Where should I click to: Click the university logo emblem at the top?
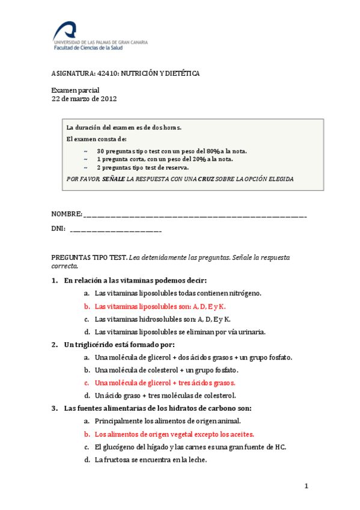(65, 29)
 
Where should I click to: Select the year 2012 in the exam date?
(109, 99)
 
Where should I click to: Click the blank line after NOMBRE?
(195, 215)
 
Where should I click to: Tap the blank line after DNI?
(115, 229)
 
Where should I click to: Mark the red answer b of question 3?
(174, 434)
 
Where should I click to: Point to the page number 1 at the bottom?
(306, 486)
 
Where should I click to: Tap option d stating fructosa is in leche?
(150, 460)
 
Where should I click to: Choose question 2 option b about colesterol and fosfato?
(166, 370)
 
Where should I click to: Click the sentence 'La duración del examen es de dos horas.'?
(124, 127)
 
